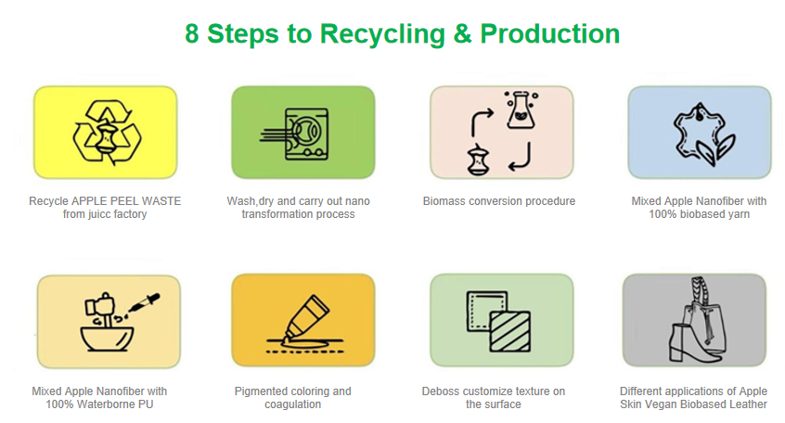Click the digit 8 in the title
tap(192, 34)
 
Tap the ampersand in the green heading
tap(462, 34)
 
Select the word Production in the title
tap(549, 34)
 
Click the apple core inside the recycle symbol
tap(107, 136)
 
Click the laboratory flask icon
tap(521, 109)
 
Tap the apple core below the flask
tap(478, 160)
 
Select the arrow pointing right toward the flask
tap(481, 121)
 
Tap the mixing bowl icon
tap(107, 339)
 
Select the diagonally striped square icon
tap(509, 331)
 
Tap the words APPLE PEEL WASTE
tap(126, 201)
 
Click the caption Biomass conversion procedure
tap(499, 201)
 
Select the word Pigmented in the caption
tap(259, 391)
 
